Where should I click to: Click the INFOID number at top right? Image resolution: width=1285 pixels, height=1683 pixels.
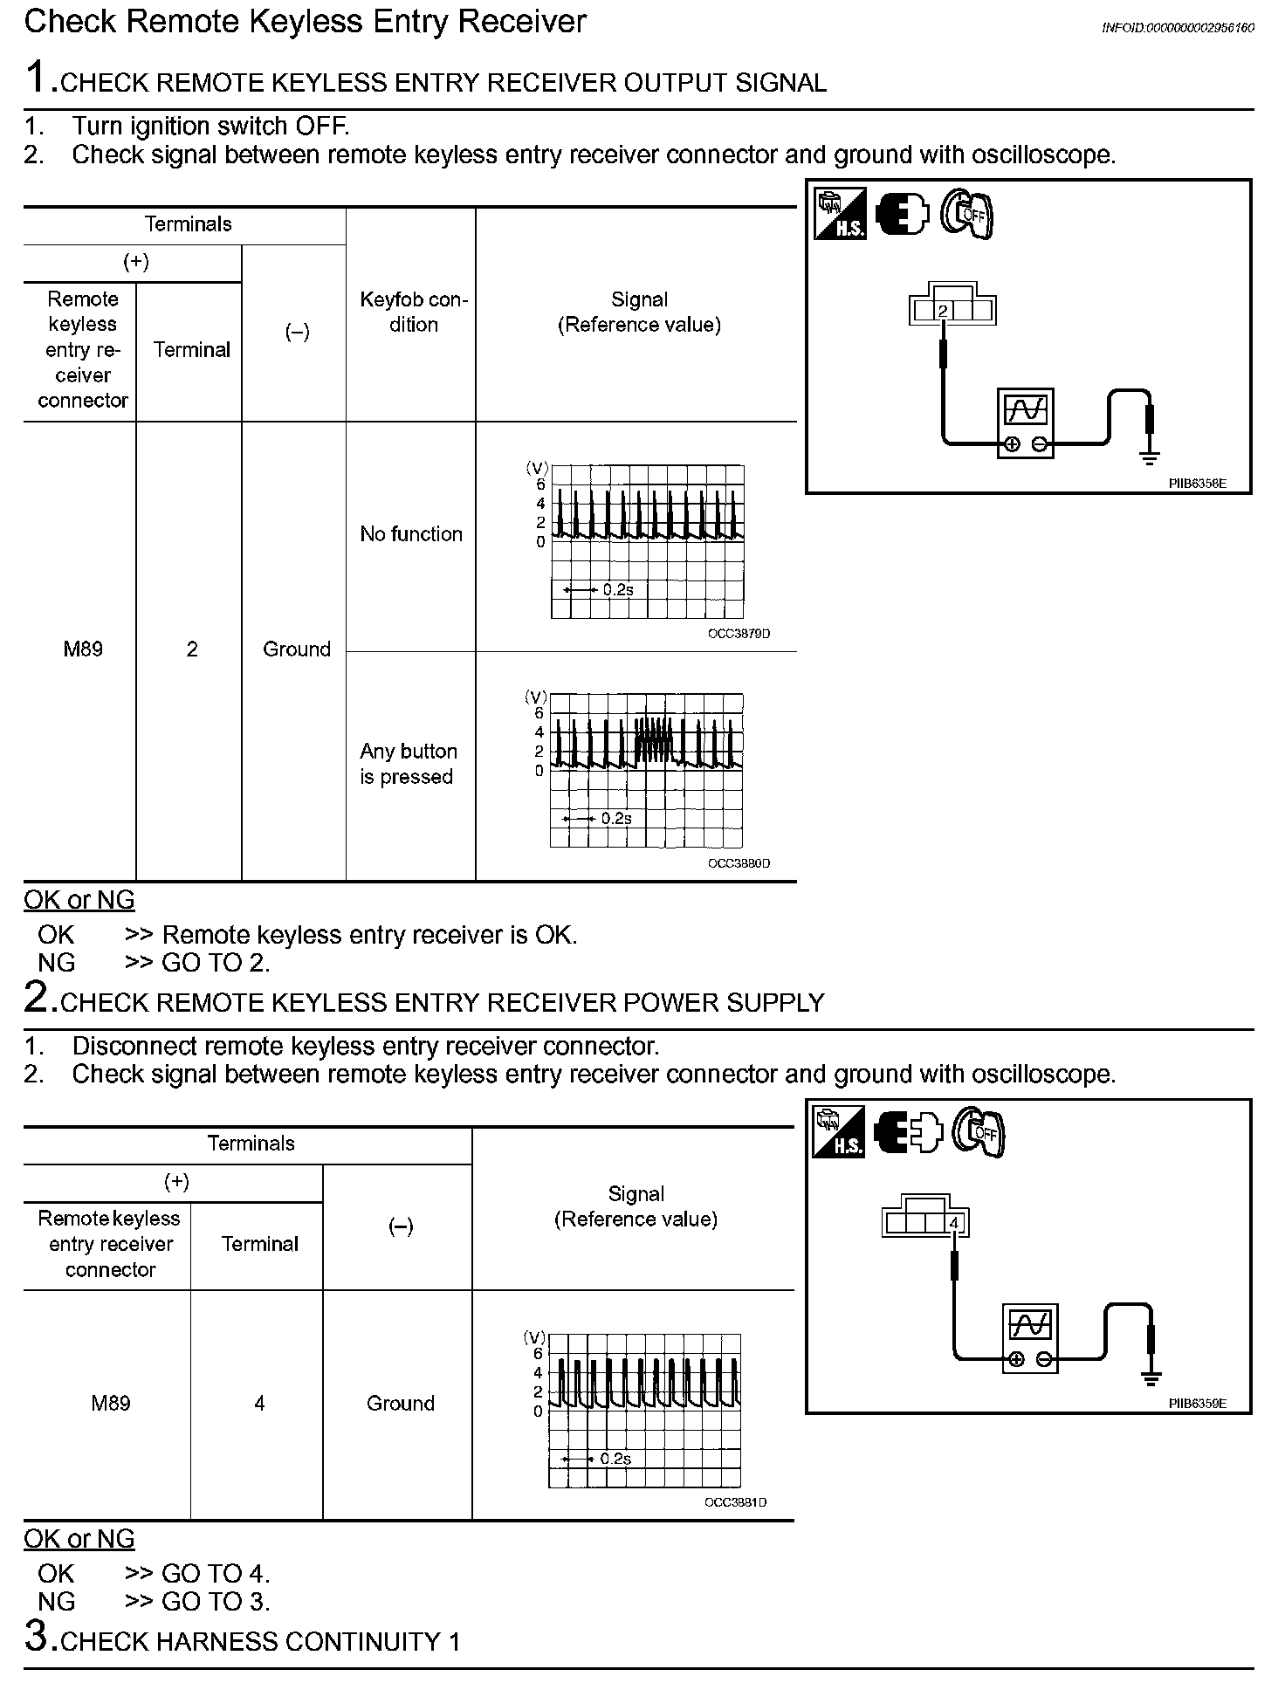(x=1178, y=27)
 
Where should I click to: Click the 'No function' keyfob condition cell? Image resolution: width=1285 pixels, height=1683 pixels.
(x=411, y=534)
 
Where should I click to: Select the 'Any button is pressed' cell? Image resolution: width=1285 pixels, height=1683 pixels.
(x=408, y=764)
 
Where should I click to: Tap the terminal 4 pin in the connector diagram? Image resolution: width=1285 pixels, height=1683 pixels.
(x=954, y=1223)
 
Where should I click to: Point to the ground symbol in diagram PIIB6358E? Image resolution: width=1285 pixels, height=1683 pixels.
(x=1150, y=454)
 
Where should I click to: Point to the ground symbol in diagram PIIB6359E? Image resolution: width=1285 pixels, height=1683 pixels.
(x=1151, y=1378)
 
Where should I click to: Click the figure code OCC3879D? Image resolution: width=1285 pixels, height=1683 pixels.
(x=739, y=634)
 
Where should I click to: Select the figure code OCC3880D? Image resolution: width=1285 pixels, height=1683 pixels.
(x=739, y=863)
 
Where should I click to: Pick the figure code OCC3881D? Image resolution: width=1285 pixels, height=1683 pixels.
(x=735, y=1502)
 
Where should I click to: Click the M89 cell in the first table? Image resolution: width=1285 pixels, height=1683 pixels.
(x=83, y=649)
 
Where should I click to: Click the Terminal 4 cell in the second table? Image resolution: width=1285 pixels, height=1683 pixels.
(x=259, y=1403)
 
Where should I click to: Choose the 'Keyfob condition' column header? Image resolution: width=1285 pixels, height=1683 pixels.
(x=413, y=313)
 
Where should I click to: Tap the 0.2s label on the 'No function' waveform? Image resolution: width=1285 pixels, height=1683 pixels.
(x=617, y=590)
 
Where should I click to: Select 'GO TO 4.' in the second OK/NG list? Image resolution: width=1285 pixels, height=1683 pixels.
(x=216, y=1573)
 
